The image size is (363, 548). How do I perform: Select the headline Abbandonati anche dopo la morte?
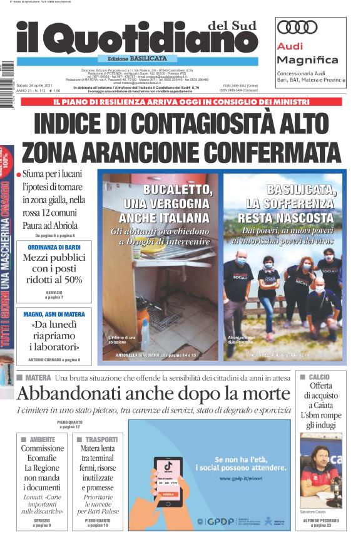point(153,394)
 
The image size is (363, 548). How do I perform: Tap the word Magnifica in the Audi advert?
point(307,60)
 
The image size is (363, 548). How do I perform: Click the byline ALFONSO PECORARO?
point(320,519)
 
